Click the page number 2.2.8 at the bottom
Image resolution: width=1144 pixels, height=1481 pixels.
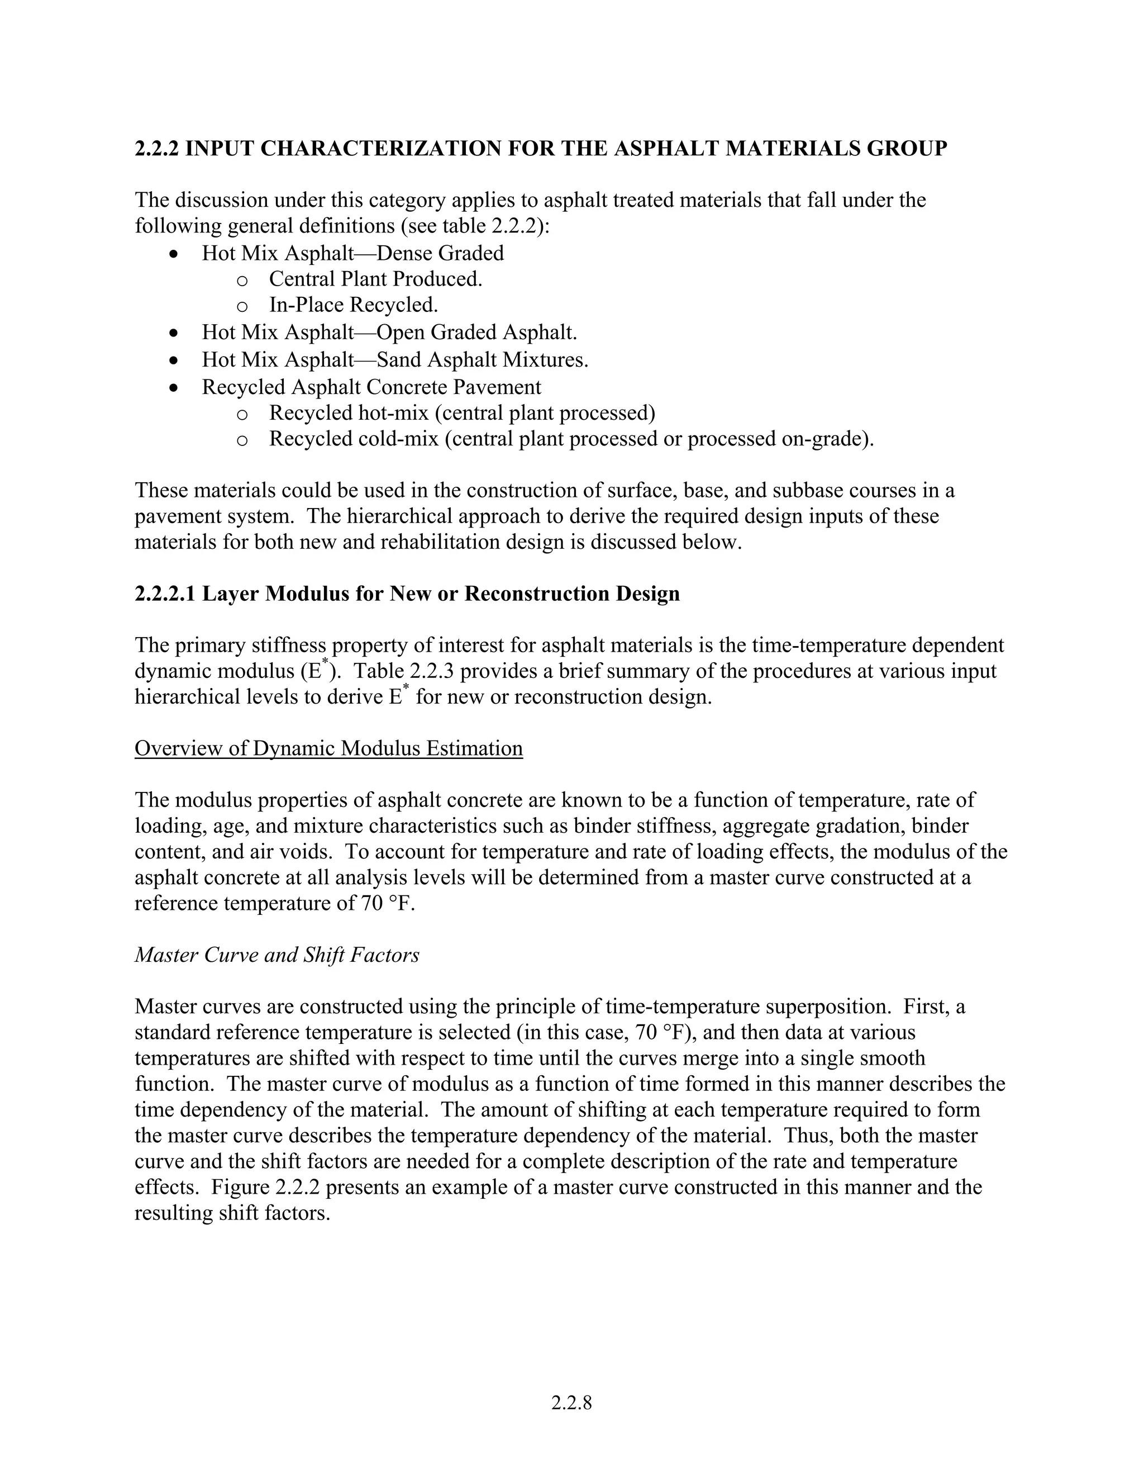(571, 1402)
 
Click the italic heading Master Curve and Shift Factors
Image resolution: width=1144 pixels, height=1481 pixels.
(277, 955)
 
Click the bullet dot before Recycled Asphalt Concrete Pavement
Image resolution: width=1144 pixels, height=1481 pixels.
(175, 388)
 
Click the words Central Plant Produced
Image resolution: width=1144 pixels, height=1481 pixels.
(375, 279)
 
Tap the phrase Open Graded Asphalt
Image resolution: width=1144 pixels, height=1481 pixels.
(476, 333)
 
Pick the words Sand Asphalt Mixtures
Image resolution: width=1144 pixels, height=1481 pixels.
(482, 359)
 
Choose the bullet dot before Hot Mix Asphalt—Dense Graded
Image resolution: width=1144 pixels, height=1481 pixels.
(175, 254)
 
